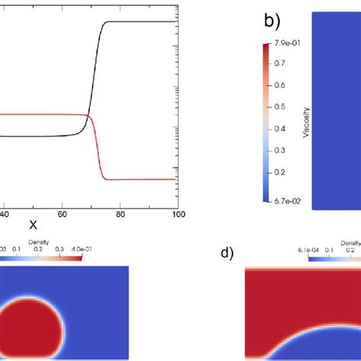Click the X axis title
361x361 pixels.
33,225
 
